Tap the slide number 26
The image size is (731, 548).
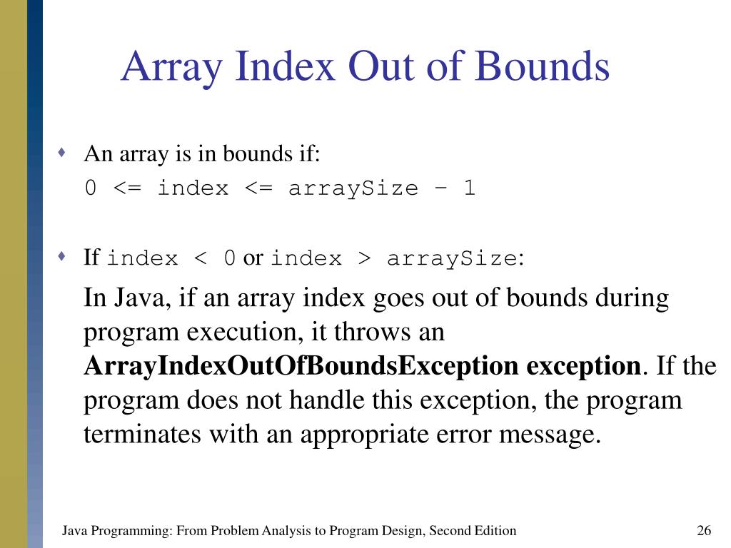[704, 530]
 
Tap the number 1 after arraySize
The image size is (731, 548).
[468, 188]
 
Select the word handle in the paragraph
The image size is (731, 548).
[322, 400]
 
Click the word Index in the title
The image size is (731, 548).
[286, 66]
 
